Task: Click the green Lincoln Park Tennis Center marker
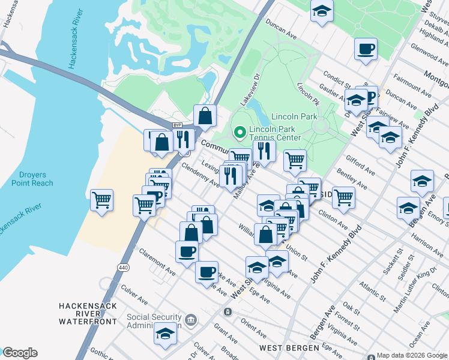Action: click(x=240, y=130)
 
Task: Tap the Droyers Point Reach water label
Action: click(x=31, y=179)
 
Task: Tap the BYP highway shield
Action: click(x=177, y=125)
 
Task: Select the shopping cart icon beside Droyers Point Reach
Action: click(x=102, y=200)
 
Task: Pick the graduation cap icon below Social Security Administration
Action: click(x=165, y=333)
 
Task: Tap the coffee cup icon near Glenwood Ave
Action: click(x=366, y=49)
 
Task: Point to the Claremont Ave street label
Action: click(x=155, y=263)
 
